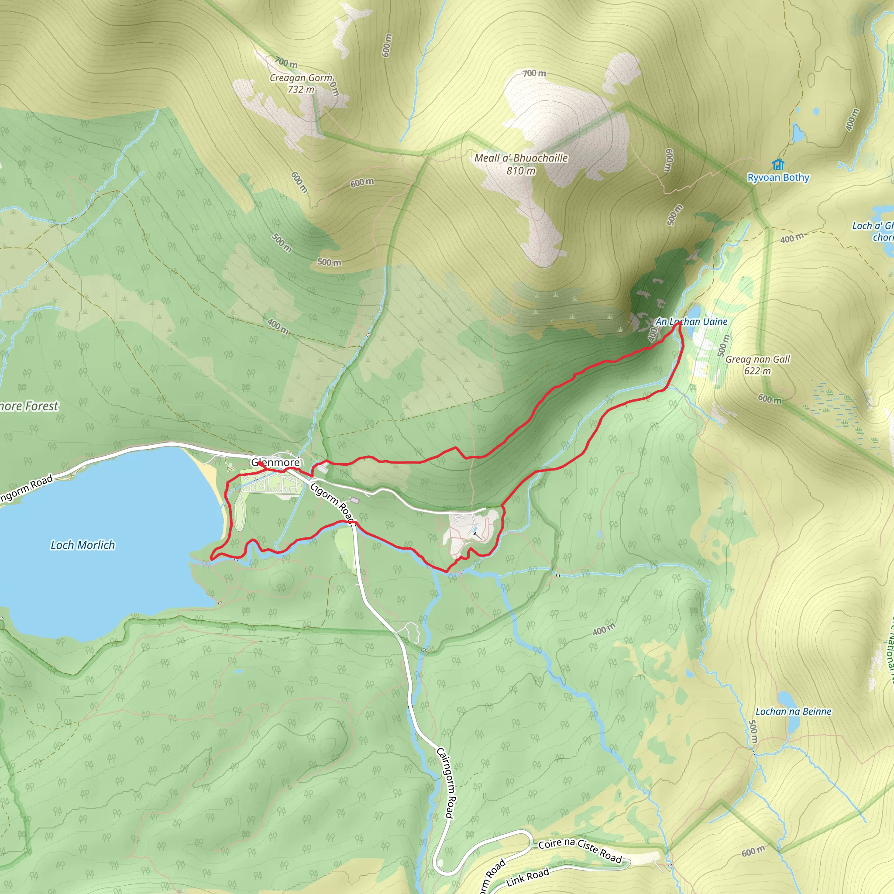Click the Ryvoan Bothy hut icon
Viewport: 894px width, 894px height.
pos(778,164)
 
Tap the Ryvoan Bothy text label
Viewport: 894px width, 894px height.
pos(778,178)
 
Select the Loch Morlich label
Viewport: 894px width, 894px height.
pos(83,545)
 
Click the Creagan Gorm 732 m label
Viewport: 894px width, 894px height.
pos(301,83)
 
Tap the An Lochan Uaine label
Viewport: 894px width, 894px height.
pos(691,322)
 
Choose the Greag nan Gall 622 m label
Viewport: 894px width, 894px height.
pos(757,364)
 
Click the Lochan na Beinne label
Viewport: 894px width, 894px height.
pos(793,712)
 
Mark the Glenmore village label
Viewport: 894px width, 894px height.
pos(275,462)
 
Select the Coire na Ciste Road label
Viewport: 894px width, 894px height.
pos(580,851)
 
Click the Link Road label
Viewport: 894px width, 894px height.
pos(527,877)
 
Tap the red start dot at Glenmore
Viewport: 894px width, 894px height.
pos(260,463)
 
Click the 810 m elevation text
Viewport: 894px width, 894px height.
pos(521,171)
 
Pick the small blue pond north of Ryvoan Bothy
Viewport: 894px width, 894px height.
pos(798,133)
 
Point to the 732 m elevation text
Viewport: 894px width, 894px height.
pos(301,89)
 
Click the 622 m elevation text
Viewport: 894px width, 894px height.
pos(757,371)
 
